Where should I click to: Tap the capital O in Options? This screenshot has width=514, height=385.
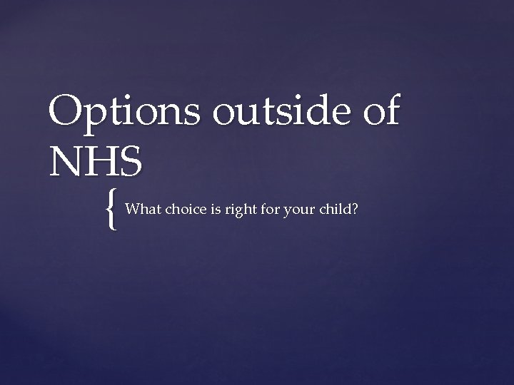[x=66, y=113]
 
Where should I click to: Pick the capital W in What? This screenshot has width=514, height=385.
[x=131, y=210]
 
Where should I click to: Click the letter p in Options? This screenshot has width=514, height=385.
[x=94, y=118]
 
